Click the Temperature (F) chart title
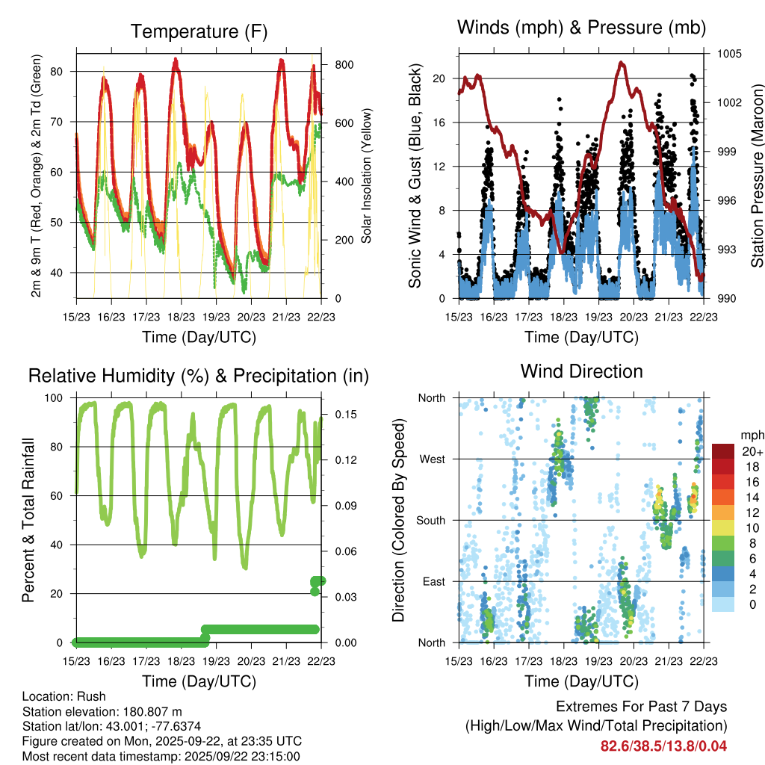tap(199, 31)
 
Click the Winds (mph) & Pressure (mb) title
tap(581, 28)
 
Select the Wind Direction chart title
tap(581, 371)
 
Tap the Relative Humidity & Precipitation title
tap(199, 376)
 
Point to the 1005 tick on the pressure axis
tap(728, 54)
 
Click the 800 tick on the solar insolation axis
tap(344, 64)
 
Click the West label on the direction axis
tap(432, 459)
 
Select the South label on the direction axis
tap(431, 520)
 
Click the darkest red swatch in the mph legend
tap(722, 451)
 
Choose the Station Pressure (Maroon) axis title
tap(756, 176)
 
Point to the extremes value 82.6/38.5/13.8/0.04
tap(663, 746)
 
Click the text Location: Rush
tap(64, 696)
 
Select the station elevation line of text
tap(102, 711)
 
